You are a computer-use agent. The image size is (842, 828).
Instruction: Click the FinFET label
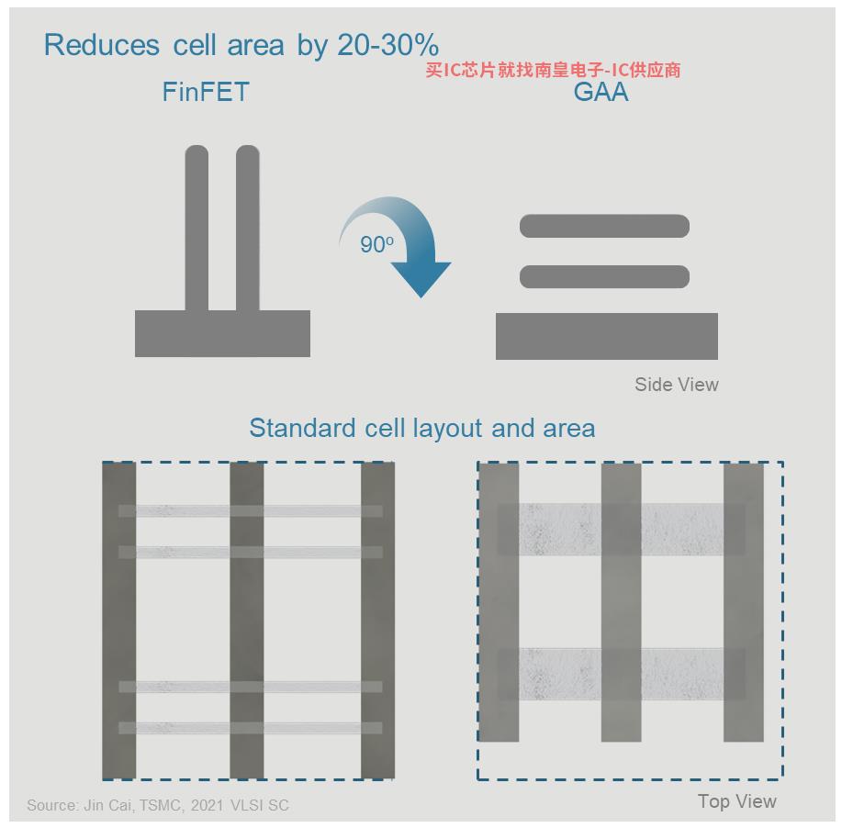206,92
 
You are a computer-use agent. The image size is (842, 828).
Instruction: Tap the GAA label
601,92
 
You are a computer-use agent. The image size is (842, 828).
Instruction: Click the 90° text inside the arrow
376,245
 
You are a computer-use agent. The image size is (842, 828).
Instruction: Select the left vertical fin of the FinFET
196,228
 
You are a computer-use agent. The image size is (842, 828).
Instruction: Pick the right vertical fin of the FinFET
248,228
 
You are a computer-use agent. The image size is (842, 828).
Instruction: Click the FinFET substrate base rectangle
222,333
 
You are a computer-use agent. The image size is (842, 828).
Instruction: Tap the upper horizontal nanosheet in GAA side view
605,226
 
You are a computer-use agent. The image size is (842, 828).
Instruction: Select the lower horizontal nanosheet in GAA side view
605,276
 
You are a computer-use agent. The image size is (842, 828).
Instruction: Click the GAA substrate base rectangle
607,336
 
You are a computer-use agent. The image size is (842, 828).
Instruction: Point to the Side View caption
677,385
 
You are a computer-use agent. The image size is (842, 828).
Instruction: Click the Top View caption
737,801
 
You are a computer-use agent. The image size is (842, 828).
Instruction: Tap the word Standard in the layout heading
302,429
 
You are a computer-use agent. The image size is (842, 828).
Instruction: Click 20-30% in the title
388,45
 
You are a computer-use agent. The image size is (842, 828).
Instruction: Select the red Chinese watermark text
553,70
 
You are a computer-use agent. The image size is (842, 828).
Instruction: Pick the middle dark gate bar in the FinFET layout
247,621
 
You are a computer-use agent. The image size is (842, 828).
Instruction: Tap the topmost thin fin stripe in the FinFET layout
251,510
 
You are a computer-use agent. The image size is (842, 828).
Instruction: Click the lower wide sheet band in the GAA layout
622,674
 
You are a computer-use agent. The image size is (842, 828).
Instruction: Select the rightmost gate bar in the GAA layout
744,602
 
